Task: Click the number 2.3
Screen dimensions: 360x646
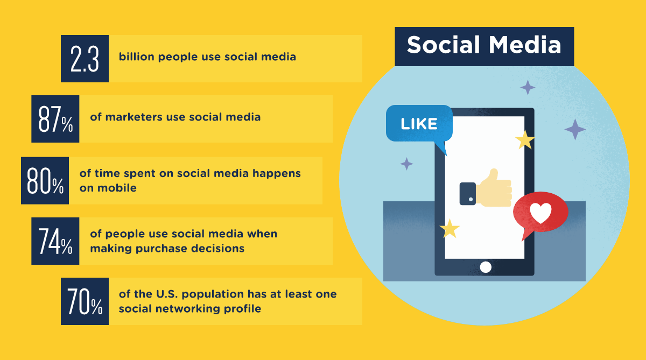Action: click(x=85, y=59)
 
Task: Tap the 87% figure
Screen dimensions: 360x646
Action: click(x=55, y=119)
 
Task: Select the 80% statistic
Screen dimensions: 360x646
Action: click(x=45, y=181)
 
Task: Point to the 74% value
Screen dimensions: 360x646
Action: click(x=55, y=241)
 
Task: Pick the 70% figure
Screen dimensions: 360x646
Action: click(x=85, y=301)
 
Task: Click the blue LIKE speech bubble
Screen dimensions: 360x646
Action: click(x=419, y=124)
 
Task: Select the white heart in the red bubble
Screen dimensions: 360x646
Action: click(x=540, y=214)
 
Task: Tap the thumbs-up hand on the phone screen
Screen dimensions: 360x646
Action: click(x=493, y=188)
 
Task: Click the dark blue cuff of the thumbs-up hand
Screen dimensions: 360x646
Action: click(x=467, y=194)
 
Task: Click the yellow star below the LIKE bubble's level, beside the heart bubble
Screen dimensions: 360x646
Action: click(x=450, y=228)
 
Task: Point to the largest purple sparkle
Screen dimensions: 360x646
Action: click(x=575, y=129)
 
